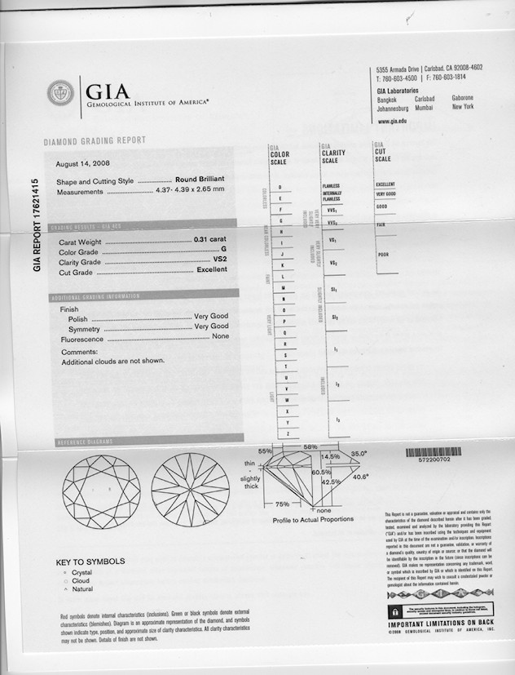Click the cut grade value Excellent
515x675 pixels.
213,273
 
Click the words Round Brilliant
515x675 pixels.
200,180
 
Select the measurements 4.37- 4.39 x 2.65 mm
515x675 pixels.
190,191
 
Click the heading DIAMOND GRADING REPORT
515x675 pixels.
95,141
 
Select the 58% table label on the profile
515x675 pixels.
310,448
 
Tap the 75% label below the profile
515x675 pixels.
284,504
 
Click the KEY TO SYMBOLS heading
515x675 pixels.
90,562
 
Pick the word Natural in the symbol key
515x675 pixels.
83,588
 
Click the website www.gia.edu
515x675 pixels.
392,121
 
